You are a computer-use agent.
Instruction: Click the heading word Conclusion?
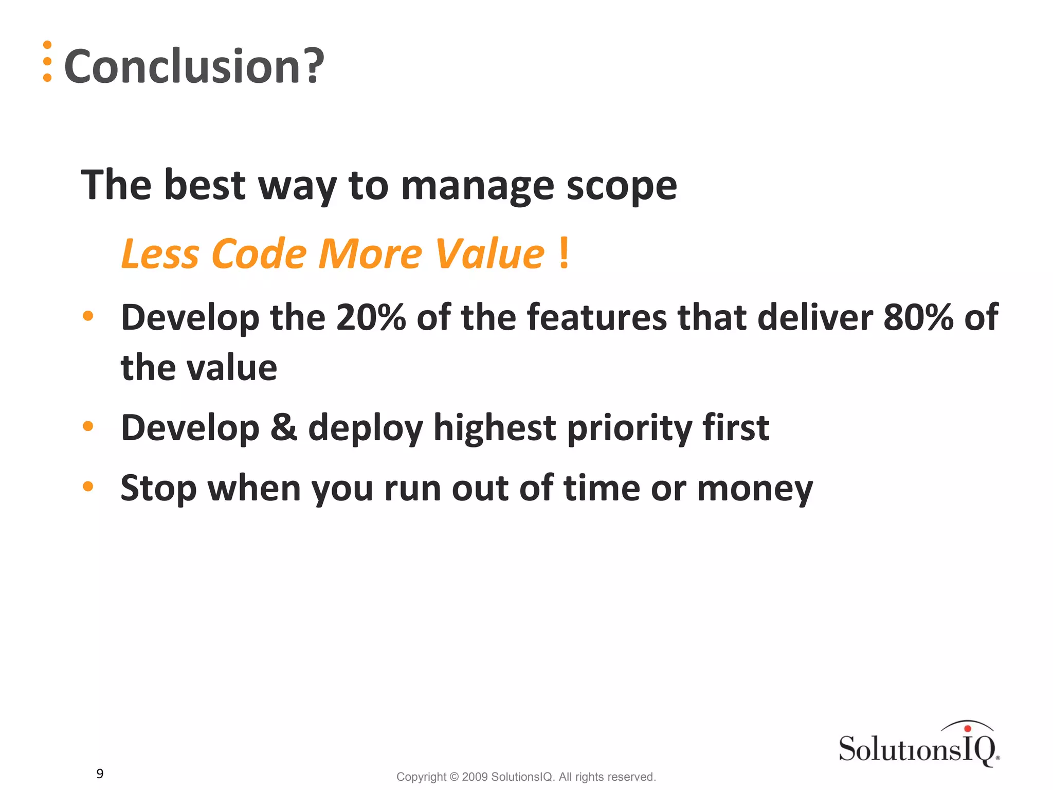[x=194, y=66]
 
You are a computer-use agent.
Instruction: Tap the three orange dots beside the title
[x=47, y=61]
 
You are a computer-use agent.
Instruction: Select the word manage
[x=477, y=186]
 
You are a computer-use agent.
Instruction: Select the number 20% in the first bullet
[x=371, y=317]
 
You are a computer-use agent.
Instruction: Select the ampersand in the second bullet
[x=284, y=427]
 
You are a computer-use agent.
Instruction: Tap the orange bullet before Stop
[x=88, y=486]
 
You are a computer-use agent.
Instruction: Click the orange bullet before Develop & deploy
[x=88, y=426]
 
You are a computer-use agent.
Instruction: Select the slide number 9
[x=100, y=774]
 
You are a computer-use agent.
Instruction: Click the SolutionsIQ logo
[x=919, y=745]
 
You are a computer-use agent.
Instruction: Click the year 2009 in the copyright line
[x=475, y=777]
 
